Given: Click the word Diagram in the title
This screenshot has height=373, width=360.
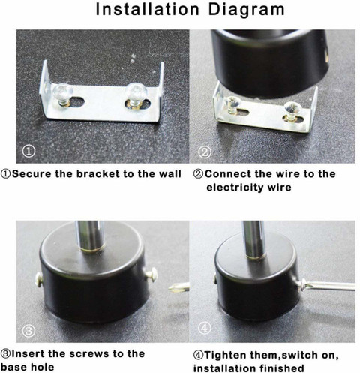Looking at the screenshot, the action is pos(246,10).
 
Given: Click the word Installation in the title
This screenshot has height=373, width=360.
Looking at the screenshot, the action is pos(148,9).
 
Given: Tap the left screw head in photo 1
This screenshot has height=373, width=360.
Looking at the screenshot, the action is pos(62,91).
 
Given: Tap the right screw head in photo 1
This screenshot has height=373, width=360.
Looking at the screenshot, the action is pos(136,91).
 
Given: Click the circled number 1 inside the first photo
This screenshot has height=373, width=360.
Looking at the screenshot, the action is pos(28,151).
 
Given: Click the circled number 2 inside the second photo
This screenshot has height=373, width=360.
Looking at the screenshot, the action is pos(205,152).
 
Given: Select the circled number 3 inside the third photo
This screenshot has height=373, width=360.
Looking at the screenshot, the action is pos(28,331).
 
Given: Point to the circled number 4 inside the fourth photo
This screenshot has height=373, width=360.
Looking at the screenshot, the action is pos(205,328).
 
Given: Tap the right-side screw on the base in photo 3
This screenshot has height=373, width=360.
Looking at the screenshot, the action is pos(151,275).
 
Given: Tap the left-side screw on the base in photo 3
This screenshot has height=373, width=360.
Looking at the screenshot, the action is pos(38,279).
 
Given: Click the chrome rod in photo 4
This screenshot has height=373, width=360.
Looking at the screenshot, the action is pos(254,239).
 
